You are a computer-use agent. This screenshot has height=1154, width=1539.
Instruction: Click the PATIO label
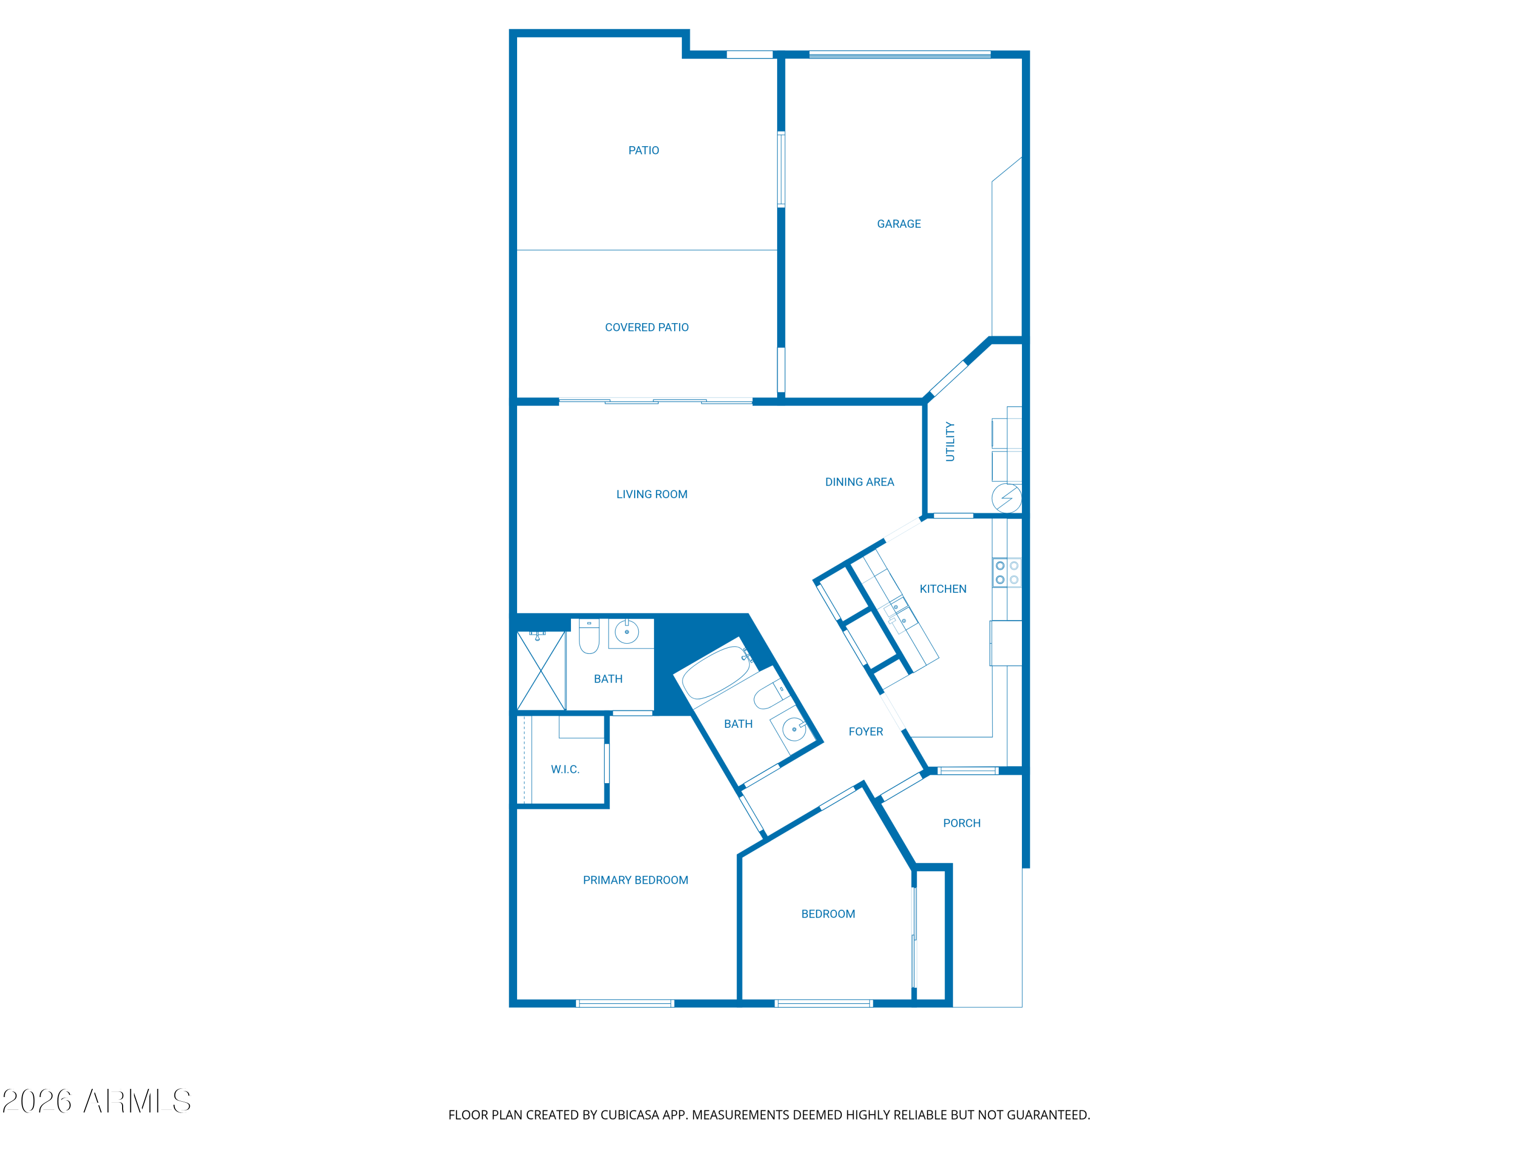click(x=644, y=150)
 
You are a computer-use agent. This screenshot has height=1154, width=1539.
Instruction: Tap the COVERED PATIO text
click(x=646, y=327)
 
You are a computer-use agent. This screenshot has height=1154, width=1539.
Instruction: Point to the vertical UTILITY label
click(x=950, y=442)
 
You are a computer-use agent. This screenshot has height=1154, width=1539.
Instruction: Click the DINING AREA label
click(x=859, y=482)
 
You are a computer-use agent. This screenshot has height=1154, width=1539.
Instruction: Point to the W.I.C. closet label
click(x=565, y=769)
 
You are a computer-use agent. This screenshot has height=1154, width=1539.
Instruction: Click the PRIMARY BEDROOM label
click(x=635, y=881)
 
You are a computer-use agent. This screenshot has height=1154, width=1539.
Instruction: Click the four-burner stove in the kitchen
click(x=1007, y=572)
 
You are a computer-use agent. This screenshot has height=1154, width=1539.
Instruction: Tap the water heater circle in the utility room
click(x=1007, y=498)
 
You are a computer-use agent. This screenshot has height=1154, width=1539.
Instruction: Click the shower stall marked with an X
click(x=541, y=670)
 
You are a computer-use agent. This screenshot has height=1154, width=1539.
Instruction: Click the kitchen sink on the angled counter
click(x=898, y=615)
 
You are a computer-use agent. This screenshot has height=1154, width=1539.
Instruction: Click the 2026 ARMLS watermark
click(x=97, y=1101)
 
